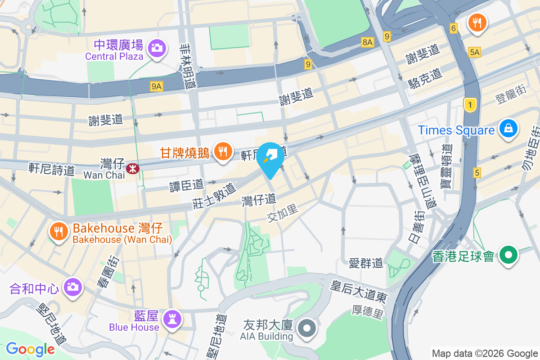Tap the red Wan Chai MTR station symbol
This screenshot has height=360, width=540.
pos(132,168)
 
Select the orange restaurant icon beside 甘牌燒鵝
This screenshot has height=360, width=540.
pos(223,149)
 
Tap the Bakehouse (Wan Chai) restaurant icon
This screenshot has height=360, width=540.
pos(58,232)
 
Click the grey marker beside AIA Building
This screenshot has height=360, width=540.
pos(307,328)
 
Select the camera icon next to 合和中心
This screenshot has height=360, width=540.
pos(72,287)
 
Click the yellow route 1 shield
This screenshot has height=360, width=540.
pos(470,106)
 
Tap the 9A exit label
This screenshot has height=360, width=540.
pos(156,86)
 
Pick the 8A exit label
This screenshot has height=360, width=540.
pos(368,42)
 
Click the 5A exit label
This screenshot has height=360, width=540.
pos(474,52)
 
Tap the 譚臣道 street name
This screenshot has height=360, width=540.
pos(187,184)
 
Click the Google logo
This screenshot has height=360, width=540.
pos(30,349)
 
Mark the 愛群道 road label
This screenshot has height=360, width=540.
pos(366,262)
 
